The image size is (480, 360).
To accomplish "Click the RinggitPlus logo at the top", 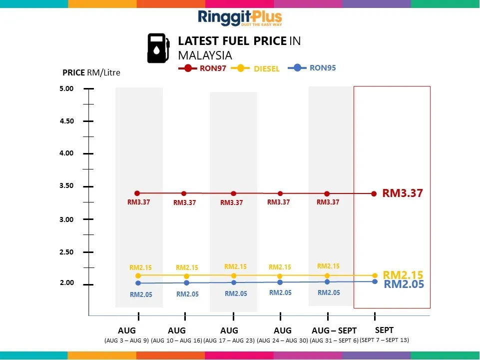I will pos(240,18).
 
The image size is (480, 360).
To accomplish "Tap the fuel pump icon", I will pos(157,48).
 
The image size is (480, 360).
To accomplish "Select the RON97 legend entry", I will pos(203,68).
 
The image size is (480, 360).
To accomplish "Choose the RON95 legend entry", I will pos(313,67).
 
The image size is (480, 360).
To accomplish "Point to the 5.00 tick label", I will pos(67,88).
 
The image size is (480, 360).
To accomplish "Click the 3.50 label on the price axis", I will pos(67,186).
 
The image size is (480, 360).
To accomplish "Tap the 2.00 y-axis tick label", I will pos(67,283).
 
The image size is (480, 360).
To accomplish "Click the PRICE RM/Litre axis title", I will pos(91,72).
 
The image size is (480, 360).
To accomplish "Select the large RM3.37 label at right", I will pos(403,193).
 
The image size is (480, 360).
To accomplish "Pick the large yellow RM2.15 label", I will pos(403,274).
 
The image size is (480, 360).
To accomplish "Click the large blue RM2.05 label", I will pos(404,284).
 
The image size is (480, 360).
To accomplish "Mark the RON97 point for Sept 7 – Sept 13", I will pos(374,193).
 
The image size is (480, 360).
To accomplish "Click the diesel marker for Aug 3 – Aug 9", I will pos(138,275).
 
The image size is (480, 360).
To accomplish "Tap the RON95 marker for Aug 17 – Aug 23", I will pos(234,282).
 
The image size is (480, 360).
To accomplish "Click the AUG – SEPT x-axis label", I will pos(334,330).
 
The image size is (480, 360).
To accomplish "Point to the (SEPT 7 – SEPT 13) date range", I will pos(384,340).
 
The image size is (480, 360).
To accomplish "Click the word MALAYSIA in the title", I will pos(205,55).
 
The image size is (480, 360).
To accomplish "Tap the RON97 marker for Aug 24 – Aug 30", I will pos(280,193).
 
